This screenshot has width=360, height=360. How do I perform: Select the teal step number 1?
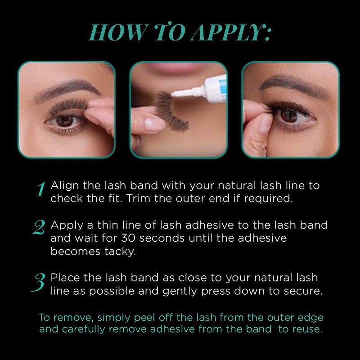tap(41, 189)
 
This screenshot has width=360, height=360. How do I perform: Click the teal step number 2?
tap(41, 229)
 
